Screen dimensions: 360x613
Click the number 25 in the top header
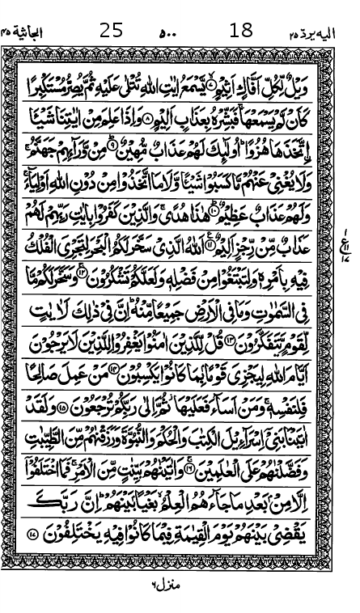click(112, 32)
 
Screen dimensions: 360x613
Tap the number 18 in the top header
click(241, 32)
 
